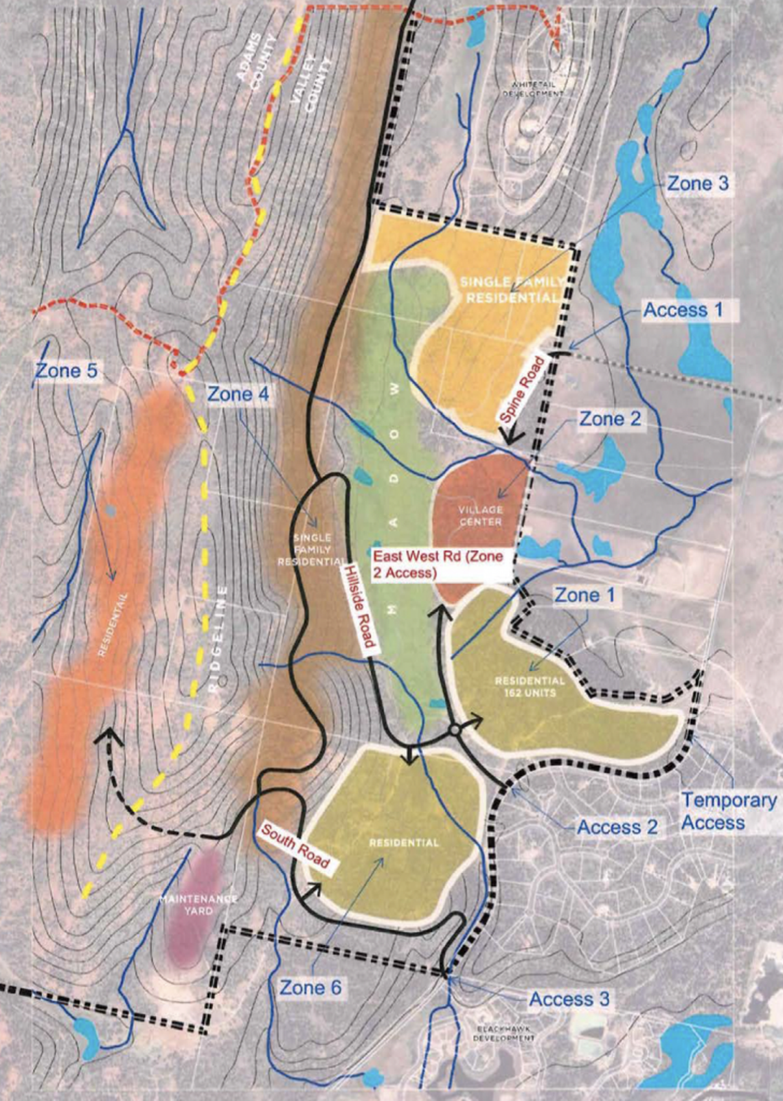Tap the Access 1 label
point(683,310)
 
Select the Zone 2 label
point(610,418)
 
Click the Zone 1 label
point(586,595)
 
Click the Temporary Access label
point(729,811)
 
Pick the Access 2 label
point(617,827)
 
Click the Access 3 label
point(569,999)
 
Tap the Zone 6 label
point(310,988)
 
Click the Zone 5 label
point(67,372)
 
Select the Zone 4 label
point(238,394)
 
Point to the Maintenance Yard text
point(199,905)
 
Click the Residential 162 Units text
point(530,687)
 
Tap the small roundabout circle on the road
point(454,731)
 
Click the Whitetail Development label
point(534,89)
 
